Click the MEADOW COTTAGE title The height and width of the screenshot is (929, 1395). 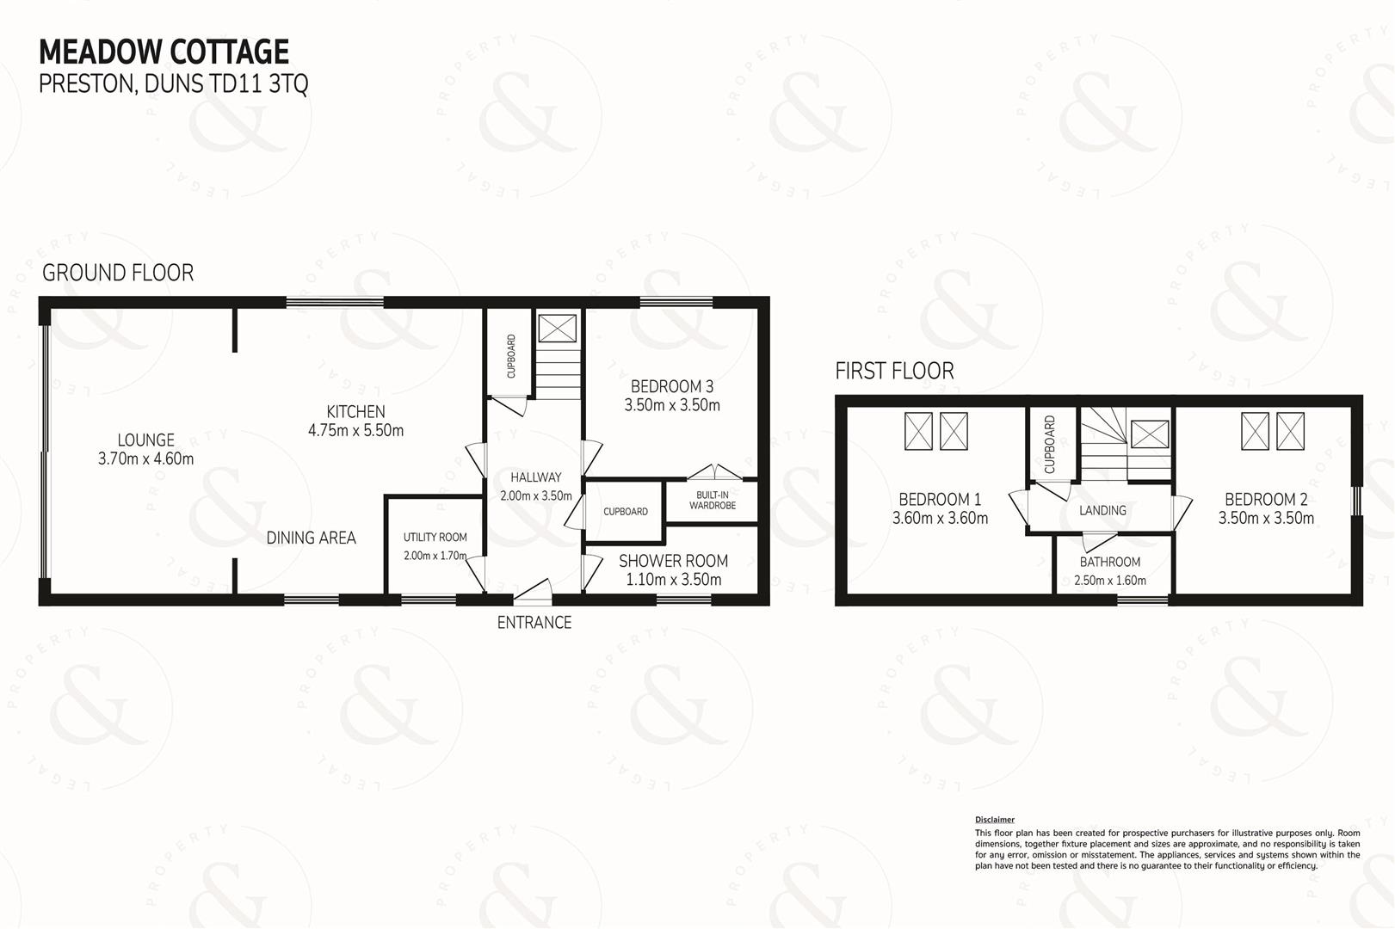164,52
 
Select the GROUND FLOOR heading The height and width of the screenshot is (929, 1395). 118,273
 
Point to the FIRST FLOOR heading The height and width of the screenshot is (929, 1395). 894,371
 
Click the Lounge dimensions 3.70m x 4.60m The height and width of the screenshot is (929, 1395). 145,458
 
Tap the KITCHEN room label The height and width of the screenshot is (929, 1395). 355,411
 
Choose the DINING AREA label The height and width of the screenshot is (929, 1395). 311,538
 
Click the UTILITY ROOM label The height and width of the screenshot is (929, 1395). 435,538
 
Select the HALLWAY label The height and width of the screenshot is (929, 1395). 535,477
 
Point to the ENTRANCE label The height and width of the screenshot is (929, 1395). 534,623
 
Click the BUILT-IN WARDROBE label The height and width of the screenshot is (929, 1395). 713,500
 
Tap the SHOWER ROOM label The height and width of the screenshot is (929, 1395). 673,561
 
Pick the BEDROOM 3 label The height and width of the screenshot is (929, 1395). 672,387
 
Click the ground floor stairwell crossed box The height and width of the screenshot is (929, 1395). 558,328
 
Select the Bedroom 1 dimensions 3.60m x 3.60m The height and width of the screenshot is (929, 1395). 940,518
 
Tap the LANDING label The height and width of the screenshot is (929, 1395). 1102,511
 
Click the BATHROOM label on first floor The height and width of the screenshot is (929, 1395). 1110,562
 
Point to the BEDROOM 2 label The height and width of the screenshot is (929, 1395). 1266,500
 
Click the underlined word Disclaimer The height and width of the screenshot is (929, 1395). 995,820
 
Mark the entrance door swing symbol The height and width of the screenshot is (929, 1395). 533,592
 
